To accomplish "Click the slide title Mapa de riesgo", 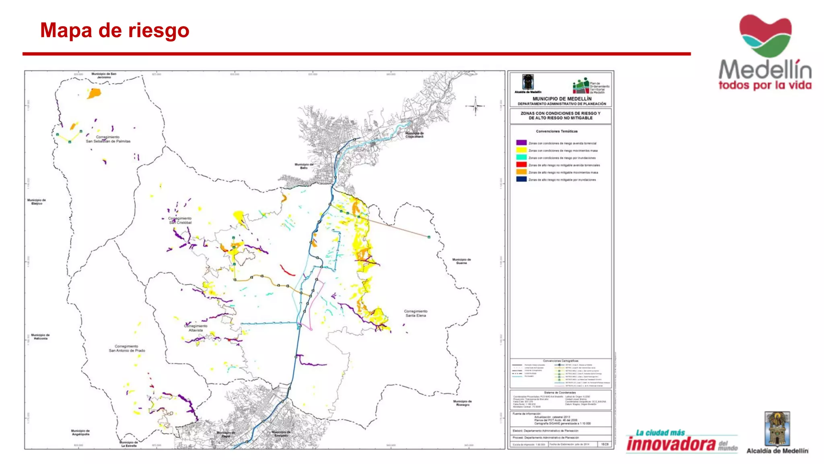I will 115,31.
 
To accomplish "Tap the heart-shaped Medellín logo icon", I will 765,35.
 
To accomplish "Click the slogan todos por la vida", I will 765,85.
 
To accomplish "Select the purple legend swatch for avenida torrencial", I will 521,143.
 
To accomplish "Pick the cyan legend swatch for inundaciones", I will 521,157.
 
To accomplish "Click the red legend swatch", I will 521,165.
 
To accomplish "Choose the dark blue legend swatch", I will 521,179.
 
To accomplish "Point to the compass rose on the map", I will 475,106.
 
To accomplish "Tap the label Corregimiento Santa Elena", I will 416,313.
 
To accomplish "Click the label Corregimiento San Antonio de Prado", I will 127,348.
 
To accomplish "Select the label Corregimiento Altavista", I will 196,328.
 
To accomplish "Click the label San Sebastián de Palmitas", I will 108,139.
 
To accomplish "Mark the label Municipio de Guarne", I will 461,261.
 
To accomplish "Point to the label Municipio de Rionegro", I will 462,403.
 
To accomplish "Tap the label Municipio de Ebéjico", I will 37,201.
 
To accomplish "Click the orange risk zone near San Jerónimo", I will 94,93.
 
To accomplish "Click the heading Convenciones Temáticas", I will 556,131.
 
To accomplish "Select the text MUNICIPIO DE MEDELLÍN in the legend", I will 562,99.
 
